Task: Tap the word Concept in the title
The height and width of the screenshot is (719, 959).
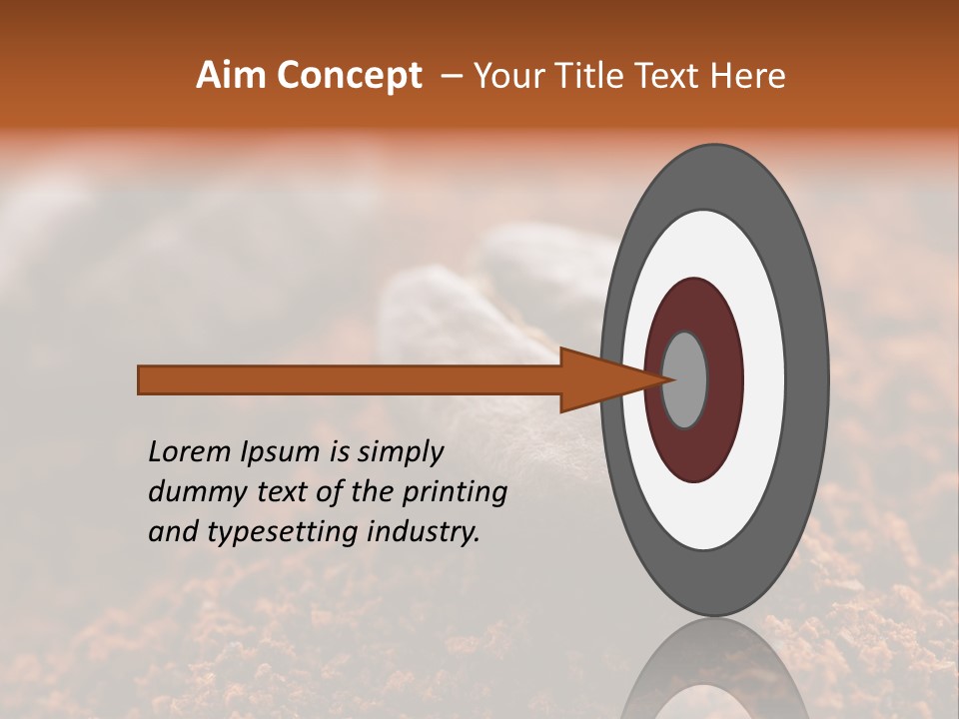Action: point(350,76)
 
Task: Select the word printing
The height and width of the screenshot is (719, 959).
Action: point(454,493)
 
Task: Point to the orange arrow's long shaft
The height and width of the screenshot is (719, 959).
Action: point(350,379)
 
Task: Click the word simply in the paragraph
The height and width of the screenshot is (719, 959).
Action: point(400,453)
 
